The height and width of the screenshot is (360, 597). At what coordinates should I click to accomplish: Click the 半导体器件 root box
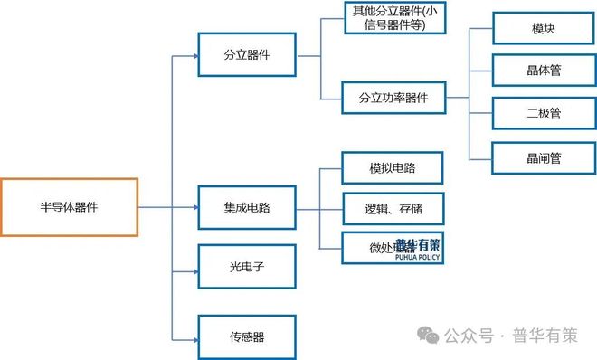[x=69, y=207]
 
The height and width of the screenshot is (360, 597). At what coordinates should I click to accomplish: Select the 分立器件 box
[x=247, y=55]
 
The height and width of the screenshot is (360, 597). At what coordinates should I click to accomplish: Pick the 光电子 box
[x=247, y=268]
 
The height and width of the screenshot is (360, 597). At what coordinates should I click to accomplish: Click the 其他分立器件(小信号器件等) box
[x=393, y=18]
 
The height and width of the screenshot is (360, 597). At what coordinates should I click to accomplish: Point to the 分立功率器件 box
[x=393, y=97]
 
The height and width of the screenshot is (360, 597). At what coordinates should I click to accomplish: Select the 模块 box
[x=543, y=28]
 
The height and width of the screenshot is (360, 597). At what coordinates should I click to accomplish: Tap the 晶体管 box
[x=543, y=71]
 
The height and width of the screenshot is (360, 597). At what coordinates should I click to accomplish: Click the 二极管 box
[x=543, y=114]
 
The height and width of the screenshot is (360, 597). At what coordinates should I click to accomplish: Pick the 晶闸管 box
[x=543, y=157]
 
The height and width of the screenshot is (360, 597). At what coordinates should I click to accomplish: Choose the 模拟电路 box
[x=393, y=168]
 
